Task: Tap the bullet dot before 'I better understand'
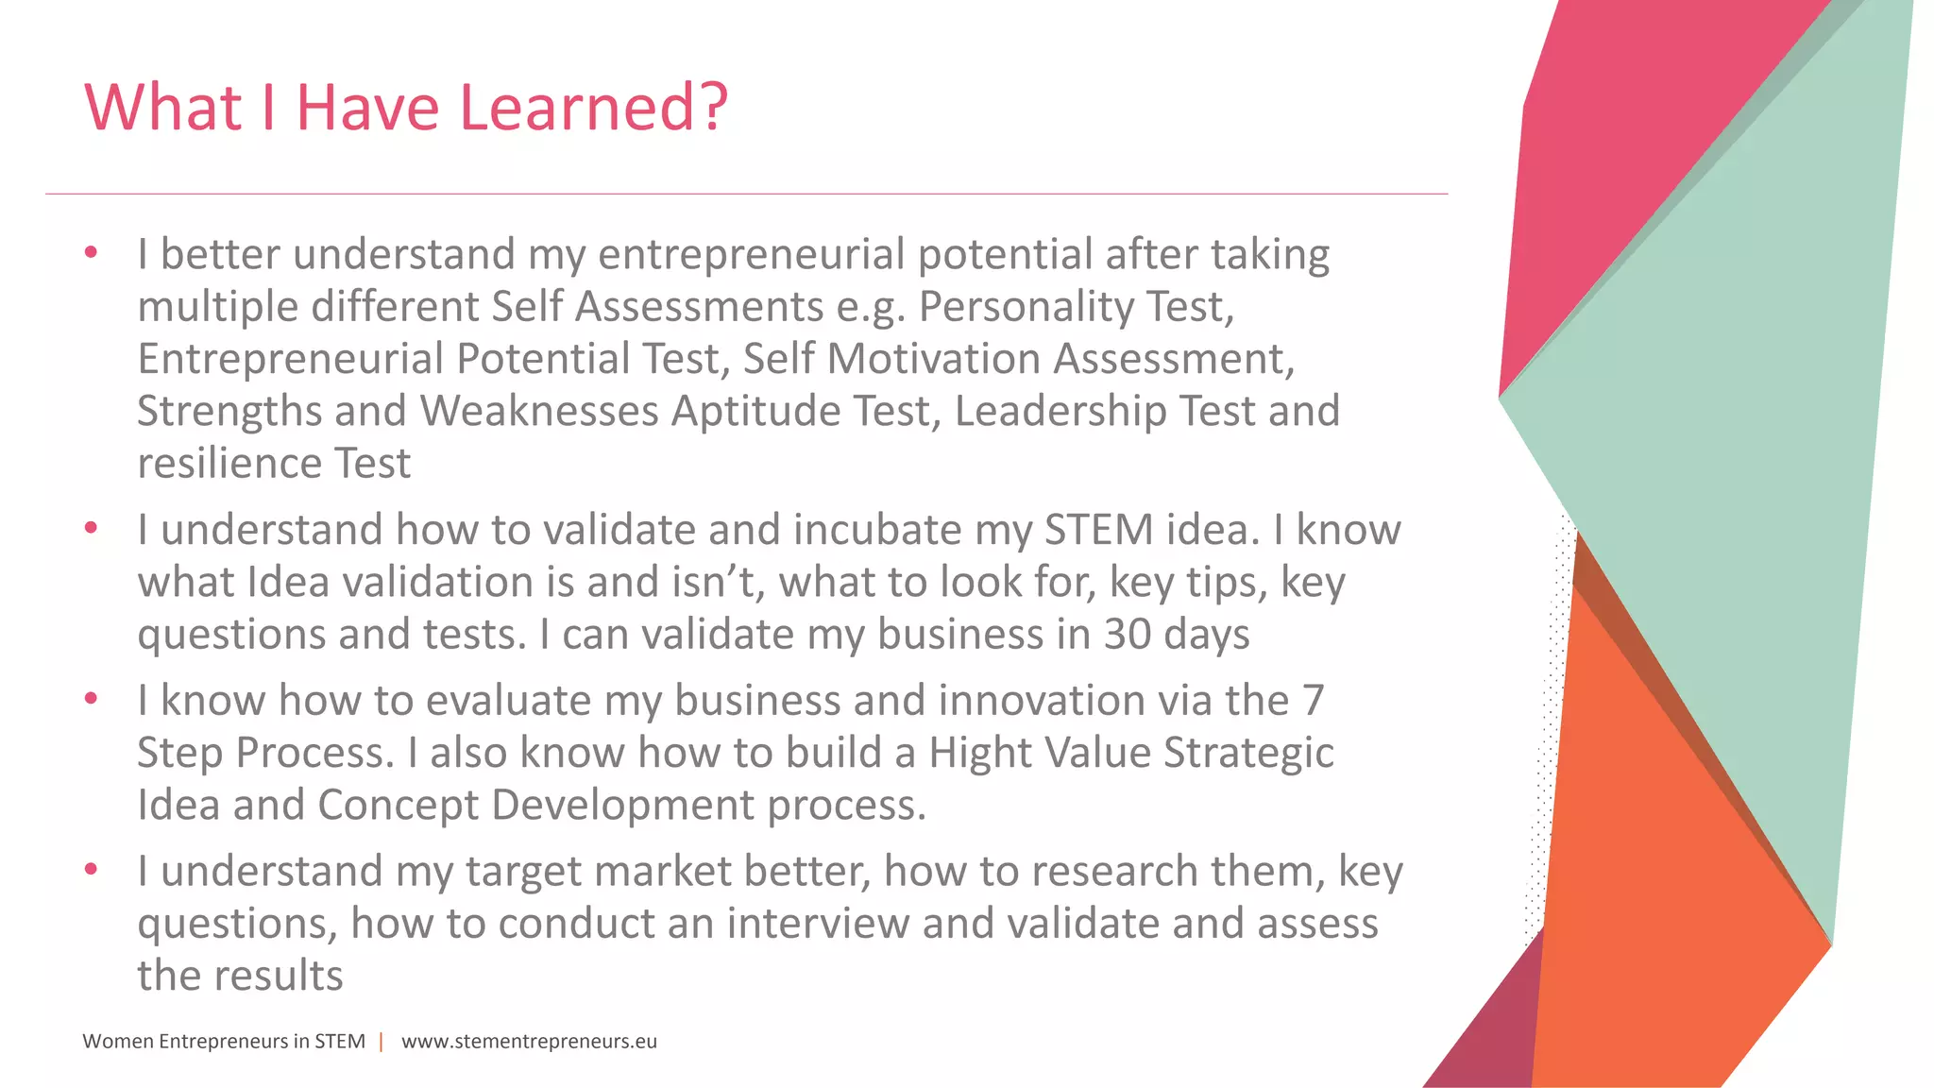point(91,252)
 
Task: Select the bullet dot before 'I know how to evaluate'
point(91,699)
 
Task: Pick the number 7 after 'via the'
point(1313,701)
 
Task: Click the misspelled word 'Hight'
point(975,753)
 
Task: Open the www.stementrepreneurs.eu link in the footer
point(529,1042)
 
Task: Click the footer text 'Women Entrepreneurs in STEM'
point(224,1042)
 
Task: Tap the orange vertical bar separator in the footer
point(382,1042)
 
